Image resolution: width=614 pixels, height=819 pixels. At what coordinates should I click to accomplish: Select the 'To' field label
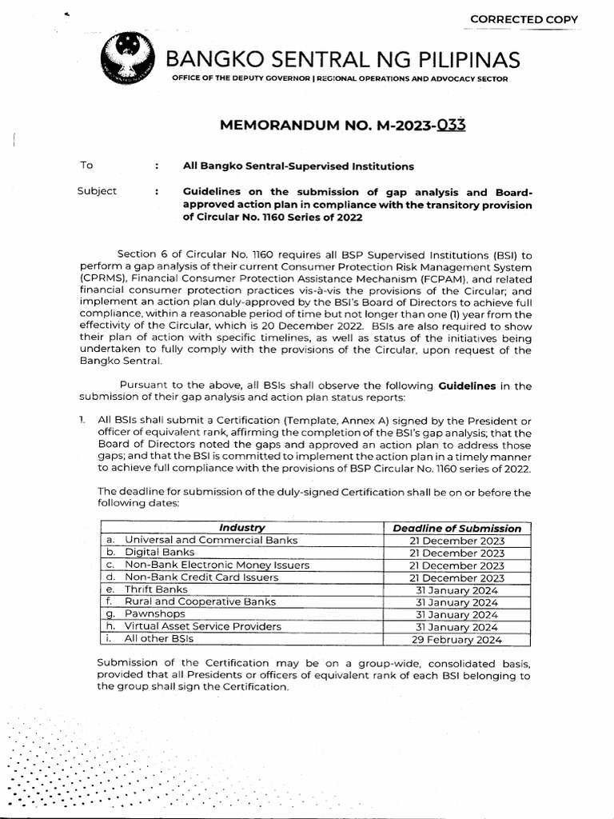point(86,166)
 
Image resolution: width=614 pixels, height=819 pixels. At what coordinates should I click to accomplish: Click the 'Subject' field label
point(97,191)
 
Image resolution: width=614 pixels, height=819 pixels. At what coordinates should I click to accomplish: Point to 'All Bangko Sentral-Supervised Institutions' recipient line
point(298,166)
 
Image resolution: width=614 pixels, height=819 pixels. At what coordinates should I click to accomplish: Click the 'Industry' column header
point(241,528)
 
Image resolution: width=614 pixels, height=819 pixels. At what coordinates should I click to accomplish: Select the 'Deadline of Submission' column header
point(457,528)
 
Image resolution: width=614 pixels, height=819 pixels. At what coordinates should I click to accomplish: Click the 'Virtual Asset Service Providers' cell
point(202,626)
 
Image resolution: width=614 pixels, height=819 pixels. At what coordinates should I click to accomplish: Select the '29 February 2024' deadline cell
point(457,639)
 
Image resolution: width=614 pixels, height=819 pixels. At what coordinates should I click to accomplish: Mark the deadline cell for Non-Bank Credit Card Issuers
point(457,577)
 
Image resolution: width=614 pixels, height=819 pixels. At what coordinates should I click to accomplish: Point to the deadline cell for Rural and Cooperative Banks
point(457,602)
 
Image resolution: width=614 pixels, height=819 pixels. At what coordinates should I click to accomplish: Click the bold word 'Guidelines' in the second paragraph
point(467,385)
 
